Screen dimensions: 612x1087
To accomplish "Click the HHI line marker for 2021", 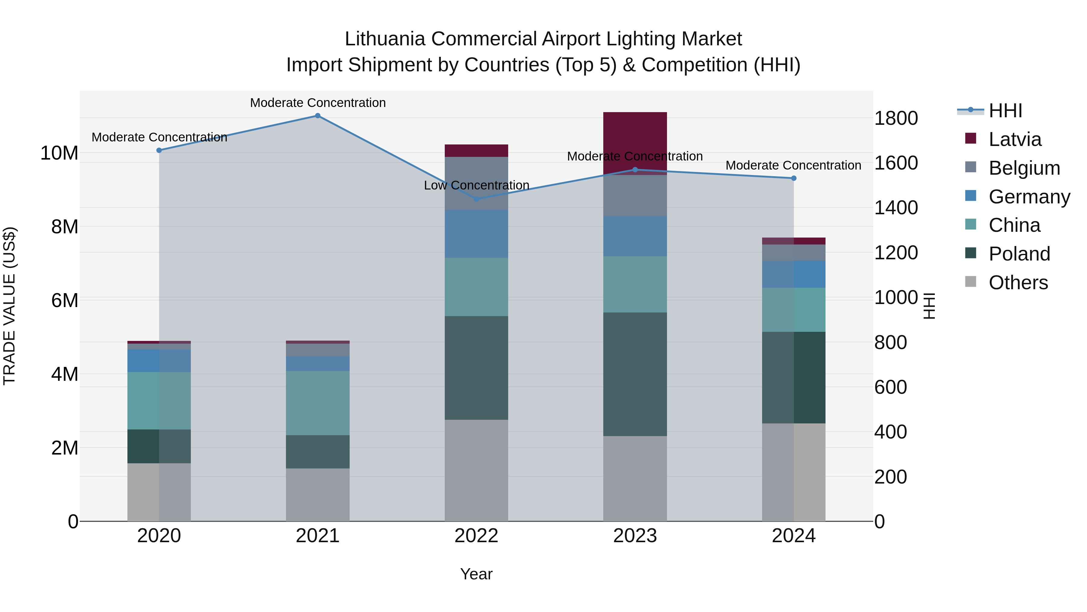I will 318,116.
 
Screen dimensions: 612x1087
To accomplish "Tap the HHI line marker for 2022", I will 476,199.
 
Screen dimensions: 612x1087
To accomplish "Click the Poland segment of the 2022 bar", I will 476,368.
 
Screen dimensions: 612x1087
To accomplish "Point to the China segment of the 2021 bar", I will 318,403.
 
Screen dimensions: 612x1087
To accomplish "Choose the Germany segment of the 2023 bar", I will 635,237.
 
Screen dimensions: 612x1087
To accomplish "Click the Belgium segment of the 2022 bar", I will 476,183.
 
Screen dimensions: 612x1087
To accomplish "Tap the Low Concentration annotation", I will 476,186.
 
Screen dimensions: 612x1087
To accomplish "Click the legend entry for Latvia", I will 1015,139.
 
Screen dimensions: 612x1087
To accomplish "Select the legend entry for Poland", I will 1019,254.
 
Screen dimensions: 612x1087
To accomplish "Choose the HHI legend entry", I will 1005,111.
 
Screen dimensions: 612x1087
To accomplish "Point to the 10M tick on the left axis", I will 59,153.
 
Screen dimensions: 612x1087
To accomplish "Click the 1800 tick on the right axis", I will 896,118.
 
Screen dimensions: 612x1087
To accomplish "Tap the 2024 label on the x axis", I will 793,536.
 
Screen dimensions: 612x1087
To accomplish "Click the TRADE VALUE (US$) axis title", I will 9,306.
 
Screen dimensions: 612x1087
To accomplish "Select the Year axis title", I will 476,574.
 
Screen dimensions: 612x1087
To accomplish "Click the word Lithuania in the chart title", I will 384,39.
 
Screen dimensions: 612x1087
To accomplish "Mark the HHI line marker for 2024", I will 793,178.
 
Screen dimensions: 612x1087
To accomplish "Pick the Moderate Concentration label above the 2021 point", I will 318,103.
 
